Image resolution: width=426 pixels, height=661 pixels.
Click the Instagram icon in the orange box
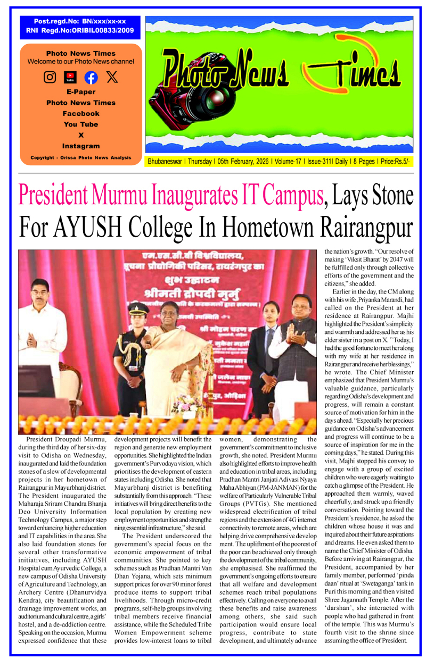[x=50, y=77]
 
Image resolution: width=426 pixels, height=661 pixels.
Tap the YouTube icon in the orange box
[x=70, y=78]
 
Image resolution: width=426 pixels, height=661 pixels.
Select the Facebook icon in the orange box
[x=91, y=78]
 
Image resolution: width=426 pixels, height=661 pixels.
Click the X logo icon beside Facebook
[x=112, y=77]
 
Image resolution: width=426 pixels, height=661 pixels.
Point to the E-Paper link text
[x=81, y=92]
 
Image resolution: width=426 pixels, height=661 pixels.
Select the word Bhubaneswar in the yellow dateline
[x=166, y=161]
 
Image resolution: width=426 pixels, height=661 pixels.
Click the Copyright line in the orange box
[x=81, y=158]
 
